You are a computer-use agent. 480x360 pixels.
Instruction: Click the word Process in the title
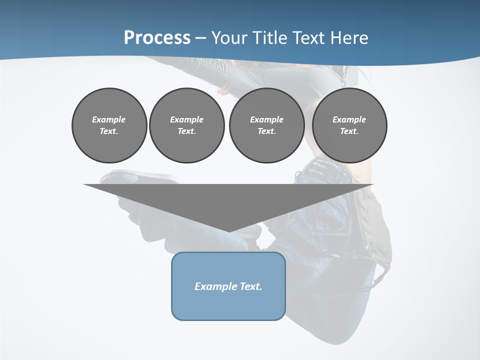157,38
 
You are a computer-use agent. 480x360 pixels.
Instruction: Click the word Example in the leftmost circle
109,119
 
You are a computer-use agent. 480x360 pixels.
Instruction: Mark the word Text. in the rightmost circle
349,131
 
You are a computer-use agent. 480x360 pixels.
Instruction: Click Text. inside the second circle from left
186,131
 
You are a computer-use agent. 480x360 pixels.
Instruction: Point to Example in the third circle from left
266,119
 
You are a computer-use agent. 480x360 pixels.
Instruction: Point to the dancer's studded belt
325,167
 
